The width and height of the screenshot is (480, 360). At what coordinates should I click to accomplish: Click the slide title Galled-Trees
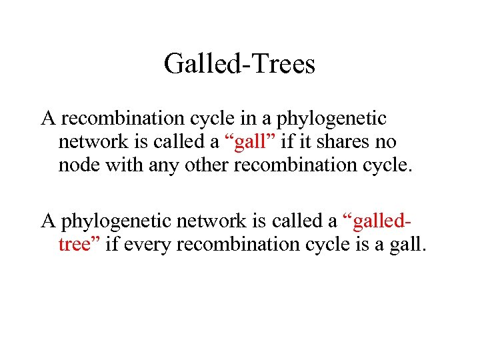coord(239,65)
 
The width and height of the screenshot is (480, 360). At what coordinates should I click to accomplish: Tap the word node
coord(77,165)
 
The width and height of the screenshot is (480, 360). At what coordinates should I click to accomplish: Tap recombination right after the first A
coord(111,119)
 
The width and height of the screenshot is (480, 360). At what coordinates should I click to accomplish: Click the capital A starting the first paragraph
coord(48,119)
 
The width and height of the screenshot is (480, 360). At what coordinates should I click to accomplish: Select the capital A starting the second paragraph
coord(48,221)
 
